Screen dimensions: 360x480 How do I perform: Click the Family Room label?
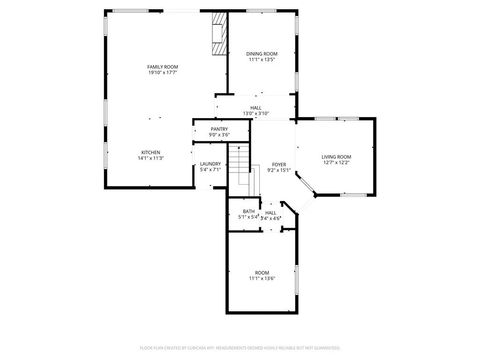(x=162, y=66)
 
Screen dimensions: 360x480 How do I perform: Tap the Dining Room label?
(x=262, y=53)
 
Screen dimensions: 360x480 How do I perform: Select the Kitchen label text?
(x=150, y=152)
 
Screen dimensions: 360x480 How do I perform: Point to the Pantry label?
(x=218, y=129)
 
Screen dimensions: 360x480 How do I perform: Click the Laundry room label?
(x=210, y=164)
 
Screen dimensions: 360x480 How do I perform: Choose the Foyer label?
(x=279, y=164)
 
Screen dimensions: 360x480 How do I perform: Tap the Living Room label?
(x=335, y=157)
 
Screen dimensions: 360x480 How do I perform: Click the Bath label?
(x=248, y=211)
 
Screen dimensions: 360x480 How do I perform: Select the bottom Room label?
(x=262, y=272)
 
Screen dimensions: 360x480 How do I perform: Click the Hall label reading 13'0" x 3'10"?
(x=256, y=108)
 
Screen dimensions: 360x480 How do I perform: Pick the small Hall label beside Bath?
(x=271, y=212)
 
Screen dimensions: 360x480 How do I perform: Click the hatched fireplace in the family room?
(x=217, y=35)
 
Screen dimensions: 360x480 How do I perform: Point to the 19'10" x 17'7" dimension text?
(x=162, y=72)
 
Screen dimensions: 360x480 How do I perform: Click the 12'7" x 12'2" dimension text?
(x=335, y=163)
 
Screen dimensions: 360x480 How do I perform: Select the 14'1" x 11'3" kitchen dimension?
(x=150, y=158)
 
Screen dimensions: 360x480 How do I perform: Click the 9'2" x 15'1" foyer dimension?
(x=279, y=170)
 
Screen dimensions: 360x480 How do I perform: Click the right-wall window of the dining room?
(x=297, y=54)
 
